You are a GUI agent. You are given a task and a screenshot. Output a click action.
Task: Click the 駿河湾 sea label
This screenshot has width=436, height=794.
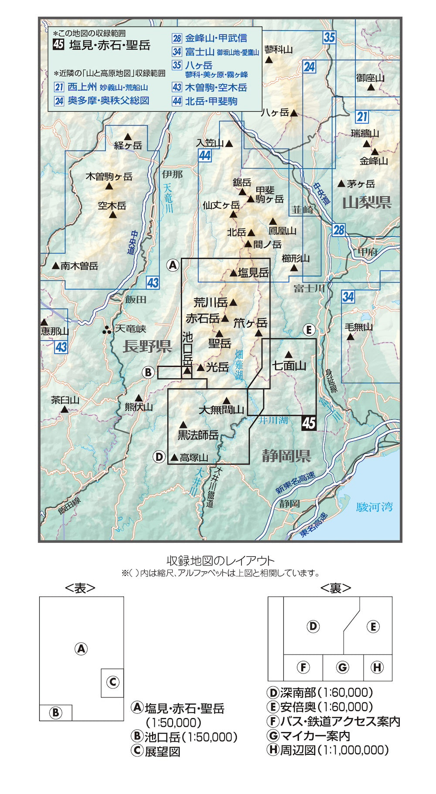click(x=375, y=507)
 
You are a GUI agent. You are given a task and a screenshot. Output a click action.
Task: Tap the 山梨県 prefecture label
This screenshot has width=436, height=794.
click(x=367, y=202)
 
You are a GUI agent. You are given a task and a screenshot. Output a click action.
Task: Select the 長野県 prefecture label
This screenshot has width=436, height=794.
click(x=147, y=347)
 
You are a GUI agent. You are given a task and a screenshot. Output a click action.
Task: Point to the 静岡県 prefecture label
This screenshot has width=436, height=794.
click(x=286, y=456)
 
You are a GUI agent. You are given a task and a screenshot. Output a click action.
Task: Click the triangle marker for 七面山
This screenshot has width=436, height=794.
click(x=288, y=354)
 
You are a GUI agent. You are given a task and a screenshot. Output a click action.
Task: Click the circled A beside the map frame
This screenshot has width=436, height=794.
click(x=173, y=265)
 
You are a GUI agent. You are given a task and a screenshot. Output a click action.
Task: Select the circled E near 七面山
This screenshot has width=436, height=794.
click(x=309, y=330)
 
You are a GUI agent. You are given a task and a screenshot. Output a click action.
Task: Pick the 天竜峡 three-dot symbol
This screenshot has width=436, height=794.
click(x=107, y=330)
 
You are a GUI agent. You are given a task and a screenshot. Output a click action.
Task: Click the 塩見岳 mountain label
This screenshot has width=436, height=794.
click(x=253, y=273)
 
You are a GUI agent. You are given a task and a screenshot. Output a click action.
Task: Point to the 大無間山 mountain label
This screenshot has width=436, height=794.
click(x=221, y=410)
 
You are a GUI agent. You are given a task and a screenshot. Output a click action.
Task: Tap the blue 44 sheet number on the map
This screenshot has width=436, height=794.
click(x=205, y=155)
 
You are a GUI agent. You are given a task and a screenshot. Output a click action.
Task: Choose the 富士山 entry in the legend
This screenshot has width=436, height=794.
click(x=200, y=52)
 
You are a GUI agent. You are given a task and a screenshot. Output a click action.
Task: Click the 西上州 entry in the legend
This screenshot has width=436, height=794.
click(x=82, y=87)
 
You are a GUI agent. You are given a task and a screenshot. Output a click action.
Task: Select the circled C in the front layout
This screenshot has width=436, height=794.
click(x=112, y=682)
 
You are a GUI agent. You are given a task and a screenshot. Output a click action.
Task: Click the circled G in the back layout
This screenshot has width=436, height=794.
click(x=343, y=667)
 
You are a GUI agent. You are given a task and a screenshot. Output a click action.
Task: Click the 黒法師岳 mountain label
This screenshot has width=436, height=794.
click(x=198, y=435)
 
